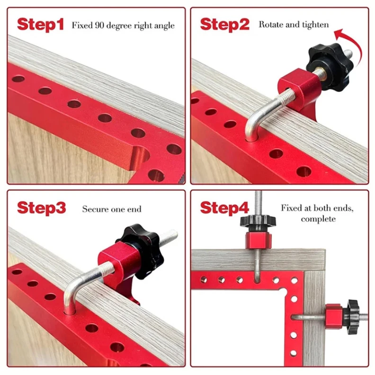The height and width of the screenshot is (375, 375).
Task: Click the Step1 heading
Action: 40,25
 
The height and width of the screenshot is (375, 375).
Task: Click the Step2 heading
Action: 224,25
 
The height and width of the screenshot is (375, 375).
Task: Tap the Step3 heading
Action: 41,208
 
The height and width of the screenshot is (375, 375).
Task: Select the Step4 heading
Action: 224,208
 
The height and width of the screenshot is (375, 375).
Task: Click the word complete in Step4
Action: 318,219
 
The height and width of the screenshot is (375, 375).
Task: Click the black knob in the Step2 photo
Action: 330,67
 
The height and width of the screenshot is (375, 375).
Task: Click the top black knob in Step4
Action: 258,221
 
